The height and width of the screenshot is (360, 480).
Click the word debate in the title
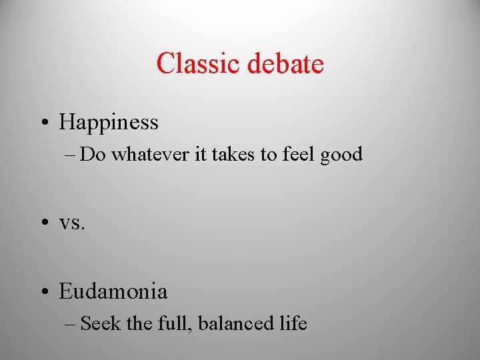click(x=285, y=64)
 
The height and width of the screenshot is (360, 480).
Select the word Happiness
click(x=109, y=123)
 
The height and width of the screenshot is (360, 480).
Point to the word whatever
click(x=150, y=155)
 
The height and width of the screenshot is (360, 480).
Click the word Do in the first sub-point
click(x=94, y=155)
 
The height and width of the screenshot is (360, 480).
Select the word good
click(x=341, y=155)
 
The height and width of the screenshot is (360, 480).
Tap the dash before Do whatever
click(x=72, y=155)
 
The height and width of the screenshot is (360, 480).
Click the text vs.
click(x=72, y=223)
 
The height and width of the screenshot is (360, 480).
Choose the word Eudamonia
click(x=113, y=291)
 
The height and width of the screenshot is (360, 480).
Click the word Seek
click(x=101, y=324)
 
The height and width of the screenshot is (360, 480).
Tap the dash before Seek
click(x=72, y=325)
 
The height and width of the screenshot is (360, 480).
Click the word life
click(x=292, y=324)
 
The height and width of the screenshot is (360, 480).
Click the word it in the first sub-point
click(x=199, y=155)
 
